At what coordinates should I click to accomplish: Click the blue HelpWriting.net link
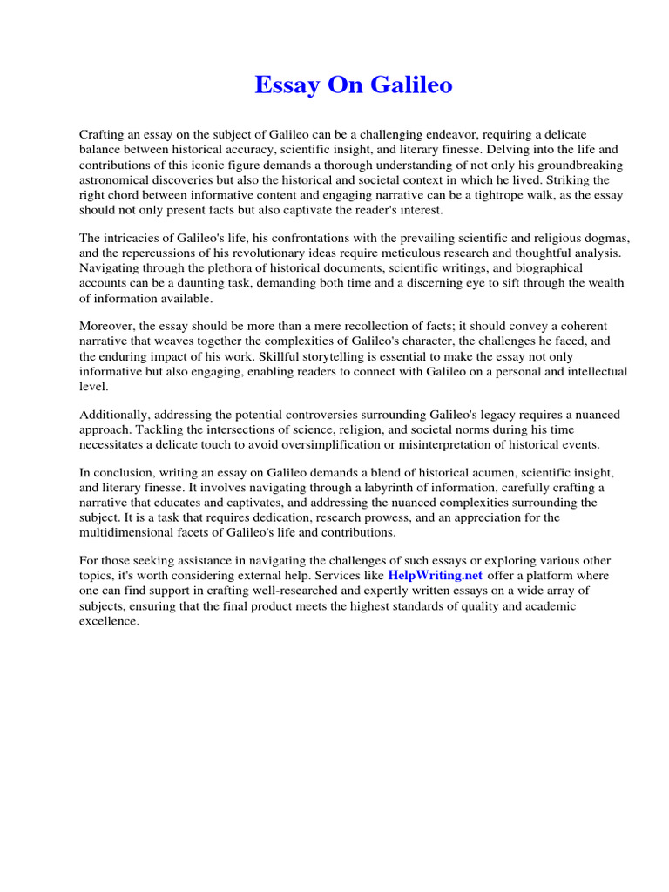(435, 576)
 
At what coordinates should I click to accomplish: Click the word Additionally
(114, 414)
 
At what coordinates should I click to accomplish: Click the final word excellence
(109, 621)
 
